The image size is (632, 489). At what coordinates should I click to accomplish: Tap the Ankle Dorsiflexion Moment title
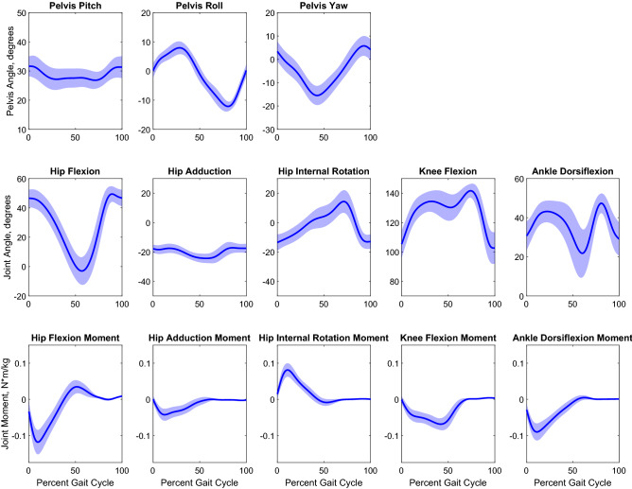click(x=571, y=338)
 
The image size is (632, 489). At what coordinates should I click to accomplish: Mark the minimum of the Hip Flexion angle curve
click(x=83, y=271)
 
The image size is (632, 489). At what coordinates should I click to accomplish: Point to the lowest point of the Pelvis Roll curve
click(x=228, y=105)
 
